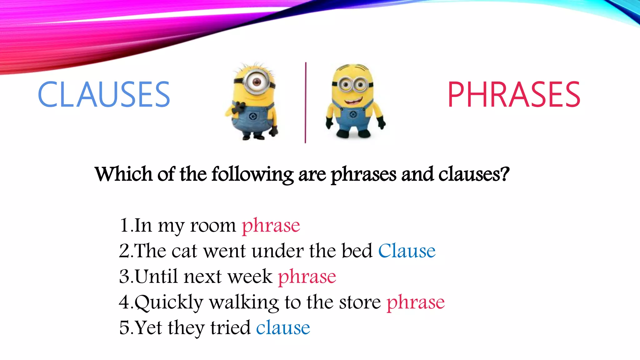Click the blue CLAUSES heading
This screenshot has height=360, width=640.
click(104, 94)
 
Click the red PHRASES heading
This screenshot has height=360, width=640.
click(514, 94)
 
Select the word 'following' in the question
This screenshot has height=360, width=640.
click(252, 175)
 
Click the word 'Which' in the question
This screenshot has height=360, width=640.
click(124, 174)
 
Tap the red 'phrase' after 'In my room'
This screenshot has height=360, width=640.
click(271, 226)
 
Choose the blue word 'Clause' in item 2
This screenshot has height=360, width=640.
click(407, 251)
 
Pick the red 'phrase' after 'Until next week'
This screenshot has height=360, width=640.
click(307, 277)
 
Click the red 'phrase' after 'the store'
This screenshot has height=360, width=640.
click(415, 302)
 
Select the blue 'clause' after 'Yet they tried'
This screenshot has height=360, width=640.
click(283, 328)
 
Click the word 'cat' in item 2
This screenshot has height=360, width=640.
click(184, 251)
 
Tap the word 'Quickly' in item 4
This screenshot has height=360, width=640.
click(169, 302)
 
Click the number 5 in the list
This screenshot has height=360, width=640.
click(124, 328)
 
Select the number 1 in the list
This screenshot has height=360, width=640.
click(124, 226)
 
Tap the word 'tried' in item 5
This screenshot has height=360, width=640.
click(230, 328)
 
